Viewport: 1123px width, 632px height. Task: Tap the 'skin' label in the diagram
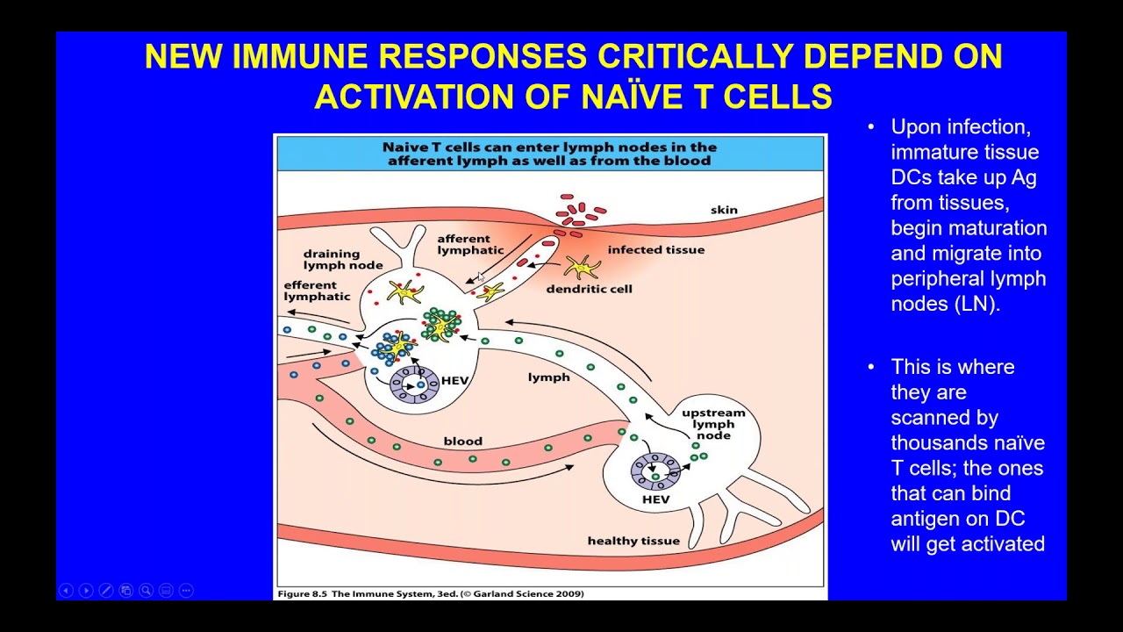click(x=724, y=210)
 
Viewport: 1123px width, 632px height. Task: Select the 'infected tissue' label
click(x=655, y=250)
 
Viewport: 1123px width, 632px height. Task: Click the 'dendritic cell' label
click(x=589, y=289)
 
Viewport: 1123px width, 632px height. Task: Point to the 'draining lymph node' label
click(x=343, y=259)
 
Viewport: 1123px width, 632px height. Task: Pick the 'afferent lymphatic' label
click(x=470, y=244)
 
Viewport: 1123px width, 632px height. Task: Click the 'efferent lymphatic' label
click(x=317, y=291)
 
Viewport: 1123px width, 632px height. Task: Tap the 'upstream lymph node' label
click(x=713, y=424)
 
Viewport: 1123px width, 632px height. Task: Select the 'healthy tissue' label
click(x=633, y=541)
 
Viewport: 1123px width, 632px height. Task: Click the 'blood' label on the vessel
click(x=462, y=442)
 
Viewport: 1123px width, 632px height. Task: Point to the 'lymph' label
click(x=549, y=377)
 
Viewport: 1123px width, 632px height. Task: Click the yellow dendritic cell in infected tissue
click(x=582, y=266)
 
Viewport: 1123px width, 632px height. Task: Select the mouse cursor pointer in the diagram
click(x=482, y=276)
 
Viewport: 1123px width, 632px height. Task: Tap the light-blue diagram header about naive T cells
click(x=550, y=154)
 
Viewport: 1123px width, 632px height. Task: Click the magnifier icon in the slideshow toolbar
click(x=146, y=591)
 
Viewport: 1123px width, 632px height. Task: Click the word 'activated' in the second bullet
click(x=998, y=543)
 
